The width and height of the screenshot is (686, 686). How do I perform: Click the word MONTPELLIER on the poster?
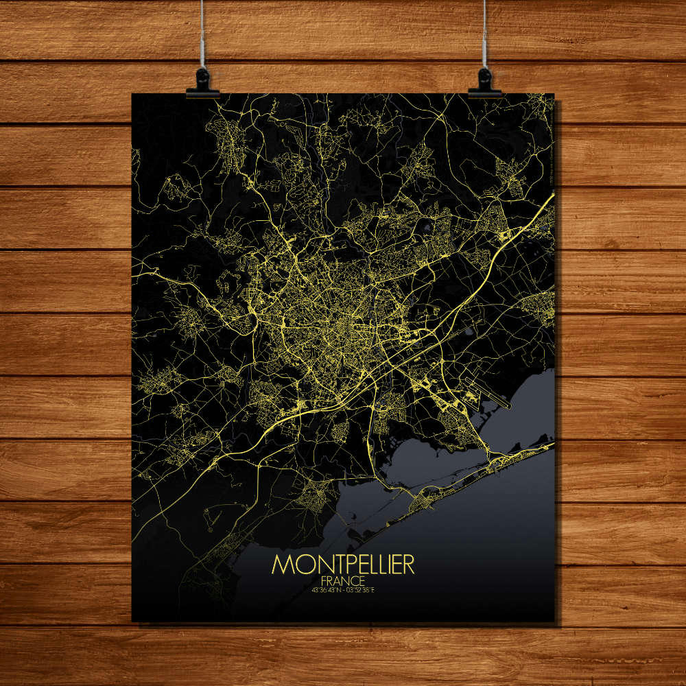[343, 564]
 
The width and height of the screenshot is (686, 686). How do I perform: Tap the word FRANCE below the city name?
[343, 579]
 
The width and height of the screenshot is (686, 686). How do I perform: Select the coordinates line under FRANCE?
[343, 589]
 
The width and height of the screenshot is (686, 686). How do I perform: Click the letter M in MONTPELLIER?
[282, 564]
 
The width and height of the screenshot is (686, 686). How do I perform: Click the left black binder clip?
[203, 83]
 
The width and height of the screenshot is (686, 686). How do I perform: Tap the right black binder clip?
[485, 83]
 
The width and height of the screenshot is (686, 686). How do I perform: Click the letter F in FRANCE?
[323, 579]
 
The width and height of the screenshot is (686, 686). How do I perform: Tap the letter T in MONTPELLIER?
[324, 564]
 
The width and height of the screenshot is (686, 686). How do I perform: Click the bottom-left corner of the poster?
[132, 622]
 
